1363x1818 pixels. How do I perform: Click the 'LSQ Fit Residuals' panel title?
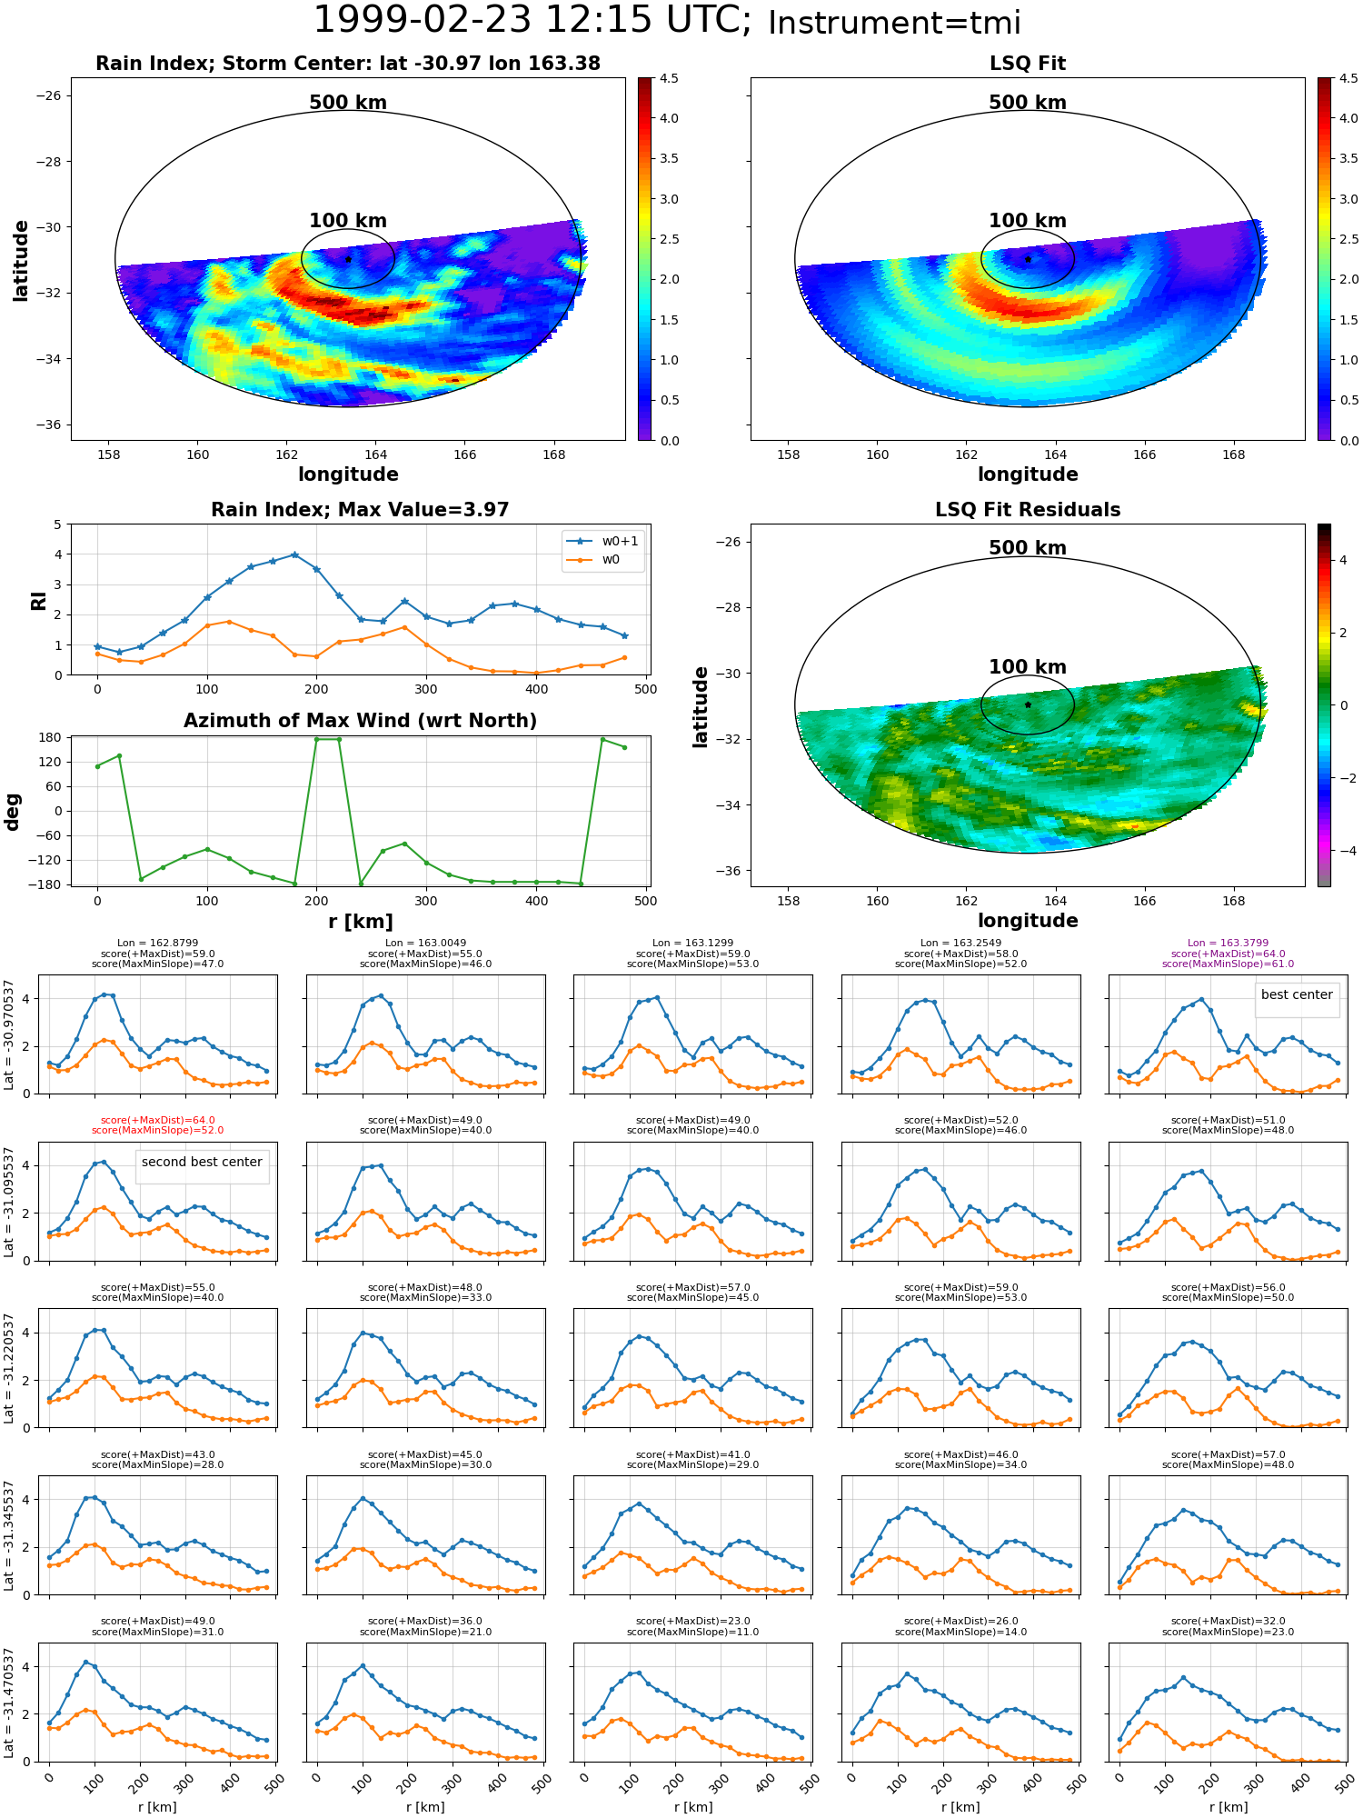1028,510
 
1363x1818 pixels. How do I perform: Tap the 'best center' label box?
1297,995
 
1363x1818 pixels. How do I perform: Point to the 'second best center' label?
202,1162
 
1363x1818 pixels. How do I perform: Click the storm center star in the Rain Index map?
348,259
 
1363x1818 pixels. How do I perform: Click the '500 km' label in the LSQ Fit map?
1028,103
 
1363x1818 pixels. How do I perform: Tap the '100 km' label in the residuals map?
1028,667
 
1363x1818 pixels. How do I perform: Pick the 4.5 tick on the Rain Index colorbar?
669,78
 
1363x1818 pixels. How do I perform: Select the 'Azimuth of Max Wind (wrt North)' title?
360,721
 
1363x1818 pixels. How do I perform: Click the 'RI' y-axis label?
39,601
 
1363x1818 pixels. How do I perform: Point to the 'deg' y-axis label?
13,812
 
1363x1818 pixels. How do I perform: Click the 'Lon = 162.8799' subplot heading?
157,944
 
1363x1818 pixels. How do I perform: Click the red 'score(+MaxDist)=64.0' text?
157,1121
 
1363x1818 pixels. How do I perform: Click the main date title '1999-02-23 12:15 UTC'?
532,20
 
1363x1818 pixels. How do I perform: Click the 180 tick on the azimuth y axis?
52,737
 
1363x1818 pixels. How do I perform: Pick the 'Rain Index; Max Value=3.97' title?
360,510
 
